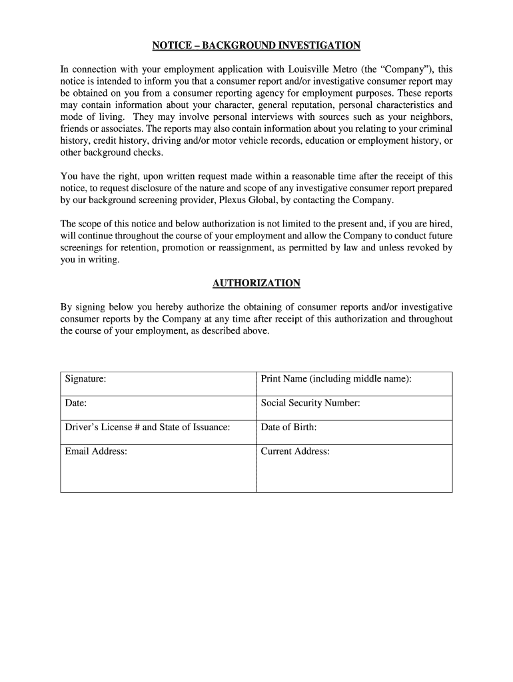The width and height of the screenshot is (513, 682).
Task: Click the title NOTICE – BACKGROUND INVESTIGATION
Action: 256,45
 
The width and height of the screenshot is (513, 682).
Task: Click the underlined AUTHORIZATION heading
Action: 256,283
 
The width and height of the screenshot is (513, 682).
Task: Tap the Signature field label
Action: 85,379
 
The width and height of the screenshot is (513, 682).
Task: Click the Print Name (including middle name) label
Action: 336,379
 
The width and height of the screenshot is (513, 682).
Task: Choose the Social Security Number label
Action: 310,403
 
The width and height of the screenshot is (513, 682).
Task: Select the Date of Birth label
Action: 288,427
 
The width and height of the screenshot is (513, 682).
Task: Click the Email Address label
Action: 96,452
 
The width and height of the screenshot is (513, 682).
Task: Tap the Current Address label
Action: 295,452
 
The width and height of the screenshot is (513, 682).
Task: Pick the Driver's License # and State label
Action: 147,427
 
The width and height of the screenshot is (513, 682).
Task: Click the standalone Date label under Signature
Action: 75,403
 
